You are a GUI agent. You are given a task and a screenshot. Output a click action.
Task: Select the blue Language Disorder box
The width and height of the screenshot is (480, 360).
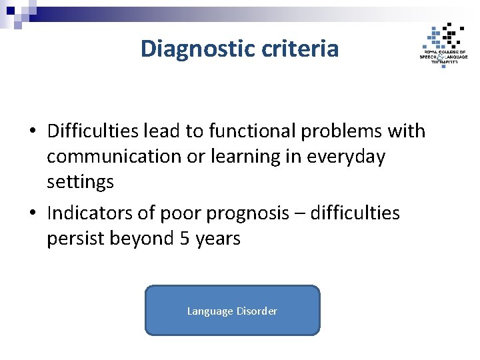[x=232, y=311]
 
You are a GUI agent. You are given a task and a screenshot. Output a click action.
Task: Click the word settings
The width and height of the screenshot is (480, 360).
[x=80, y=182]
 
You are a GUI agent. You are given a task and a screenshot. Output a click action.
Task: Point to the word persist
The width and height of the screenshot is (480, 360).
[x=74, y=239]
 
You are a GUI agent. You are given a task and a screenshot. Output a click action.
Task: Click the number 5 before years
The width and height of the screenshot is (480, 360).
[x=186, y=239]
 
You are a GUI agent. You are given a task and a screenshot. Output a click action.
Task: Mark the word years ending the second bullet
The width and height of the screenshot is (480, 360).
[x=219, y=239]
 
